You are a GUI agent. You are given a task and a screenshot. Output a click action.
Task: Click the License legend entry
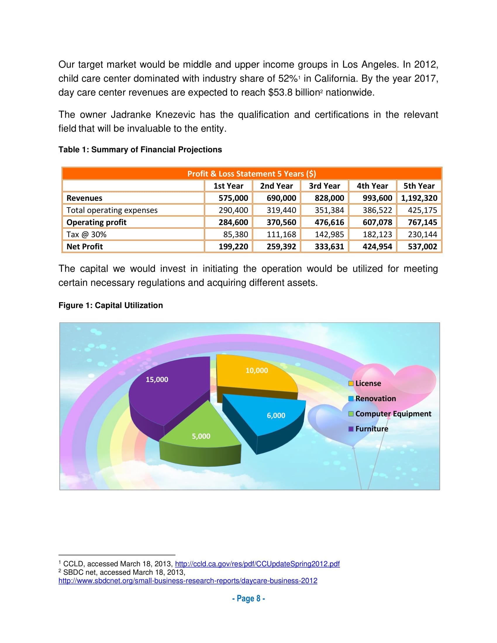click(x=368, y=383)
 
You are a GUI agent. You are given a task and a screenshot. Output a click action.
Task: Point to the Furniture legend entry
click(x=371, y=429)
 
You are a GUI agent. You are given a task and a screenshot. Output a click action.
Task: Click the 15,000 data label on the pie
click(x=157, y=379)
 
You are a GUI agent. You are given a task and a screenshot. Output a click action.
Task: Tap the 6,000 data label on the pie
click(x=276, y=415)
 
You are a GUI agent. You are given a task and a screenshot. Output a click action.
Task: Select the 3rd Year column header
click(x=324, y=186)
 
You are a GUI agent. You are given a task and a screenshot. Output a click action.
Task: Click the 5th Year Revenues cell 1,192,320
click(x=419, y=198)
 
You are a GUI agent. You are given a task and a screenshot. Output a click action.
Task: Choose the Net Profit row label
click(x=85, y=247)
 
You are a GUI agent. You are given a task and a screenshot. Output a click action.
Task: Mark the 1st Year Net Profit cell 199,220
click(x=233, y=247)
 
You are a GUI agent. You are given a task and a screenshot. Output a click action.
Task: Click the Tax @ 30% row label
click(x=86, y=235)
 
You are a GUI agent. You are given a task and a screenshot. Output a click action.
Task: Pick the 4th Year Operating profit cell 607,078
click(x=377, y=222)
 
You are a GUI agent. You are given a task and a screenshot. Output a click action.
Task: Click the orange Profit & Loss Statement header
click(x=252, y=174)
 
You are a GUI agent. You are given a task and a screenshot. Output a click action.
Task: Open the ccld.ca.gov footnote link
click(x=257, y=564)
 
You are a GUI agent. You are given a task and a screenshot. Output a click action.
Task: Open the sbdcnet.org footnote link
click(x=188, y=580)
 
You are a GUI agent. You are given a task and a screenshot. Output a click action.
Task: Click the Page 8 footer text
click(x=248, y=599)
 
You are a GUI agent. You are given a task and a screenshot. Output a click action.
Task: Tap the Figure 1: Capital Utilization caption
click(x=111, y=305)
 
